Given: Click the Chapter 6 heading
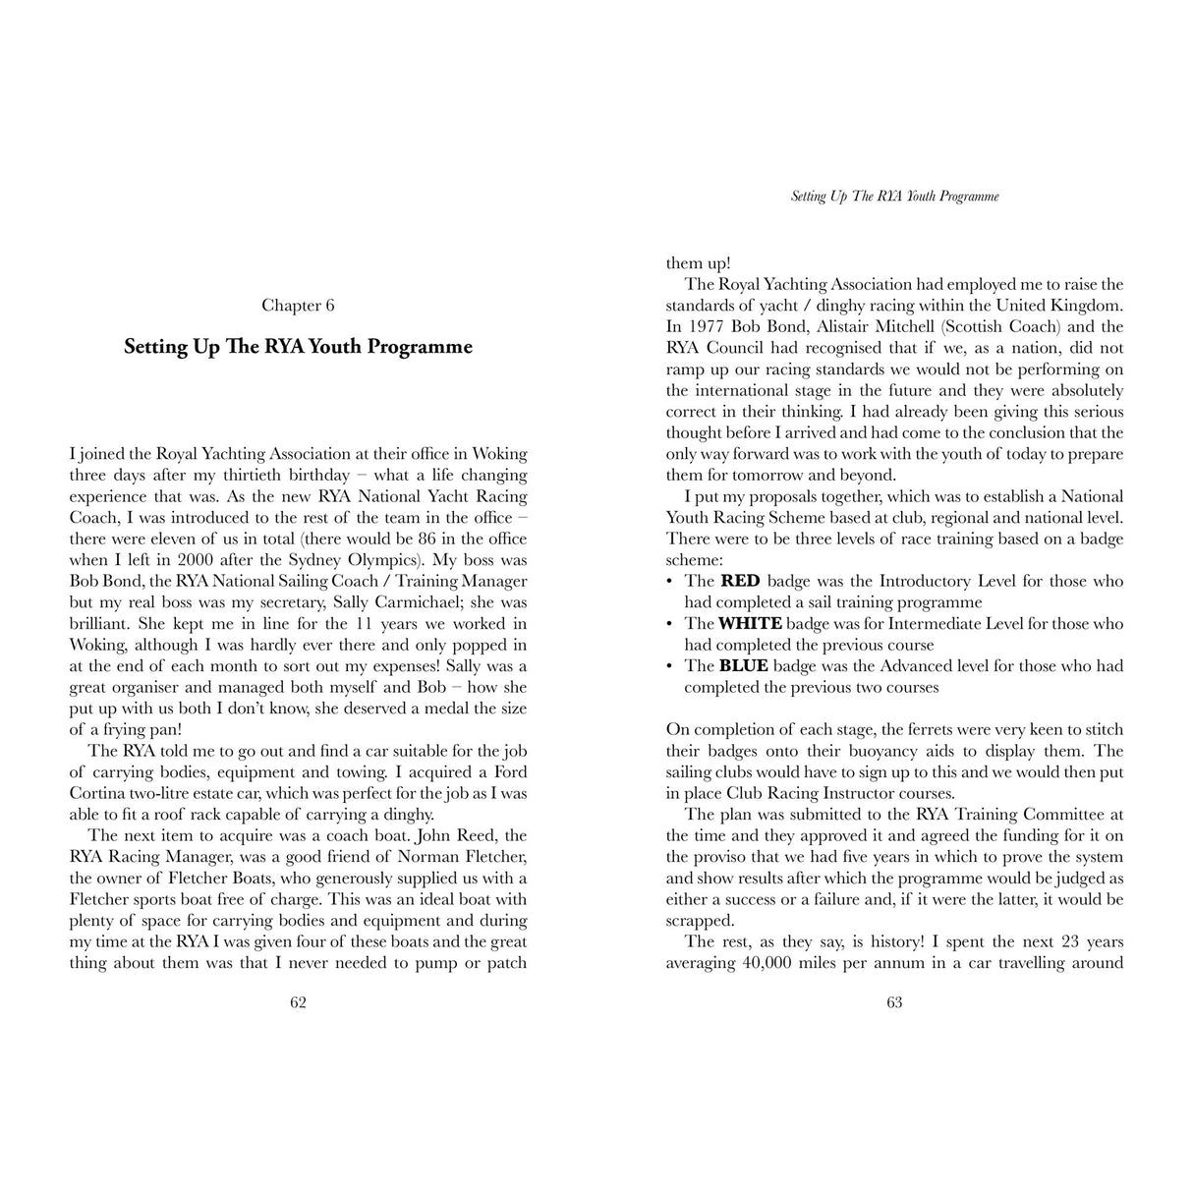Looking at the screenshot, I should [298, 306].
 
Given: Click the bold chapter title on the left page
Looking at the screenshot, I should [298, 347].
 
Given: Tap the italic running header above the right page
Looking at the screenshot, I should [894, 197].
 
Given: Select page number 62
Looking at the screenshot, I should [298, 1002].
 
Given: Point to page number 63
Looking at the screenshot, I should [894, 1002].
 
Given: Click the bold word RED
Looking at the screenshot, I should [740, 581].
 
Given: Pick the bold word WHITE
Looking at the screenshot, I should [750, 623].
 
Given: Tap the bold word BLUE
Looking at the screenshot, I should [744, 665].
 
